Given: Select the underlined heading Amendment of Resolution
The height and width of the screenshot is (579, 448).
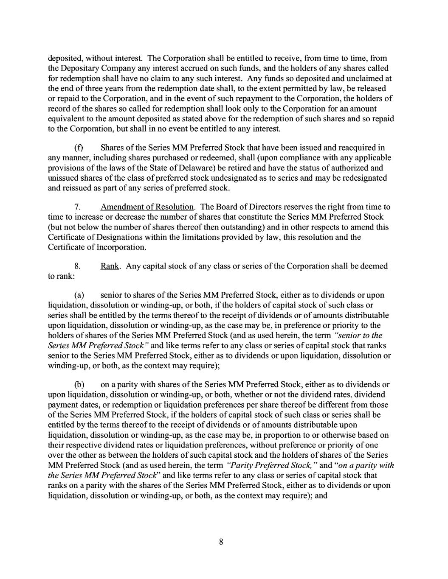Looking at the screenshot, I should [x=147, y=207].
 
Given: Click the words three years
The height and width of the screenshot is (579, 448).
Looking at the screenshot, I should [x=96, y=89].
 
